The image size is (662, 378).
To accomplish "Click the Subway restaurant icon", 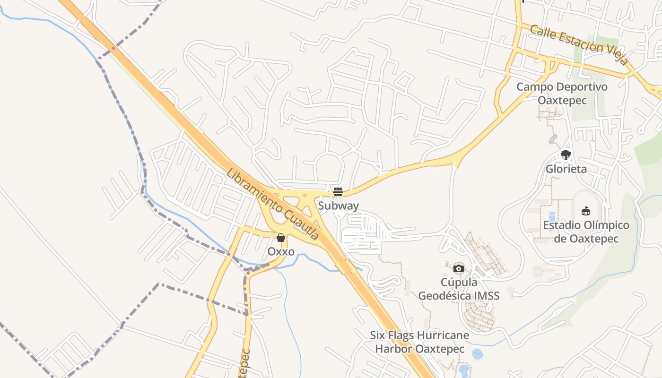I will click(338, 191).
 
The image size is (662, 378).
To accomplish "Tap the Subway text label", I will click(338, 206).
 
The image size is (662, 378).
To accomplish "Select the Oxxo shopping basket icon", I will click(281, 237).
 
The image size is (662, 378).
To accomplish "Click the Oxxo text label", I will click(281, 251).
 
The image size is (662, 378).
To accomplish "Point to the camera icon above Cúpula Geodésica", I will click(458, 269).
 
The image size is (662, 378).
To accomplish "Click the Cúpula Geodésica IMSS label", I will click(459, 289).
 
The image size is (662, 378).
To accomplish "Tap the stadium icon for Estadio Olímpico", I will click(586, 211).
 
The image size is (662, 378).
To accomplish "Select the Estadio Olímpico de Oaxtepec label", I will click(586, 232).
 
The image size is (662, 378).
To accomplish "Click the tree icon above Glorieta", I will click(566, 155).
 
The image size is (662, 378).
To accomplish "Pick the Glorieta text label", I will click(566, 169).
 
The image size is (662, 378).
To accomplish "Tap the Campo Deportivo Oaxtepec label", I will click(562, 94).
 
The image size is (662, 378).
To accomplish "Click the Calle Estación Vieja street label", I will click(579, 44).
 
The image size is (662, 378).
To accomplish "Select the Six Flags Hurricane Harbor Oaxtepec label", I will click(419, 342).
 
